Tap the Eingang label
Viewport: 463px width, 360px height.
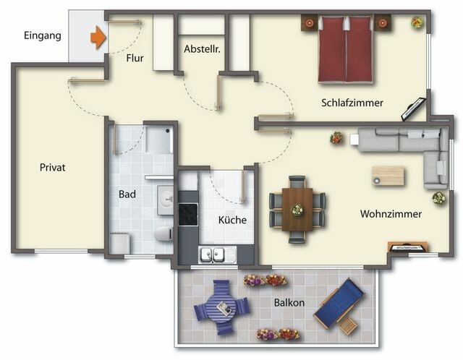point(42,35)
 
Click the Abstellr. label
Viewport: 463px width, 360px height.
point(203,50)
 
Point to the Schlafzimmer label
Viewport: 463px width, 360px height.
point(352,103)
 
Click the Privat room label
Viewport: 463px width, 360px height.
point(53,168)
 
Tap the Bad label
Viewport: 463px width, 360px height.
point(127,194)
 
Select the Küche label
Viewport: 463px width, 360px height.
point(232,220)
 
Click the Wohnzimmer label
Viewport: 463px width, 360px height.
point(391,214)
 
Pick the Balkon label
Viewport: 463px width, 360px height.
point(289,303)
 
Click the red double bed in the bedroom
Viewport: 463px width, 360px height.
point(346,51)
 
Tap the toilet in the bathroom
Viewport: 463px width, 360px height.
point(163,233)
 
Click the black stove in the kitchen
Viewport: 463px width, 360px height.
point(188,213)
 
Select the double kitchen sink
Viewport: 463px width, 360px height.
point(213,254)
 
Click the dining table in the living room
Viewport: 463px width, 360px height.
point(297,209)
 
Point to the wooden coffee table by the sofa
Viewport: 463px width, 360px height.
point(388,176)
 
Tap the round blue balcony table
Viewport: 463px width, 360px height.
point(221,309)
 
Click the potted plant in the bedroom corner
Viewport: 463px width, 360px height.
point(417,22)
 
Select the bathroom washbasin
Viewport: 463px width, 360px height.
point(166,197)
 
